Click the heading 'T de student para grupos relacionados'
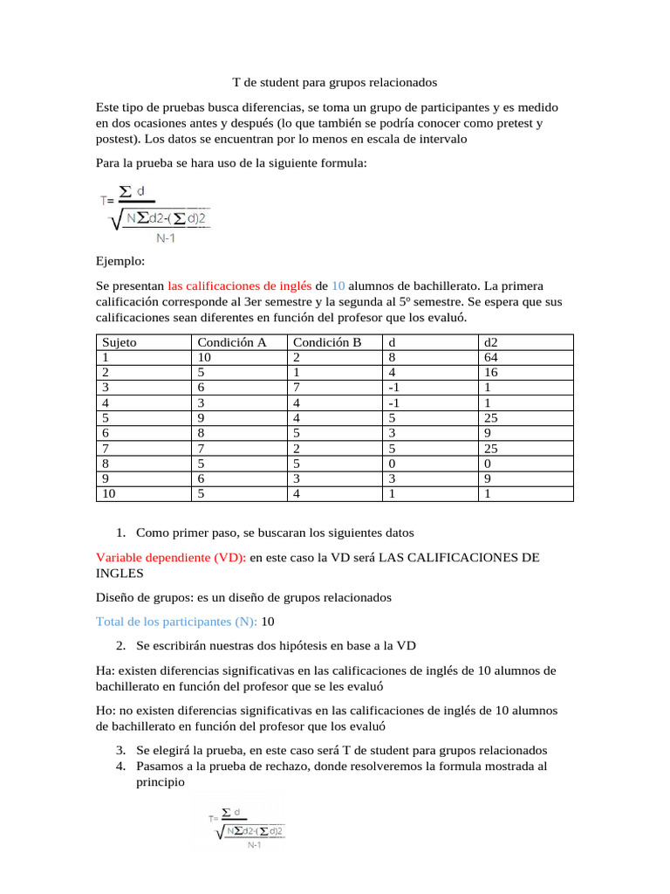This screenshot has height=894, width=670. coord(334,83)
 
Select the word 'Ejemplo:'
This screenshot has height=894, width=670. coord(120,260)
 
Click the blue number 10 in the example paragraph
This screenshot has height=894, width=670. coord(338,285)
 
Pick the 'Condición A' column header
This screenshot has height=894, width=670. coord(231,342)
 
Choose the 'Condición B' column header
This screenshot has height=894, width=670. coord(326,342)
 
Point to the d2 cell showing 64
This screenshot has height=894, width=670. coord(491,357)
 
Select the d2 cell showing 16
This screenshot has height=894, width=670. coord(491,373)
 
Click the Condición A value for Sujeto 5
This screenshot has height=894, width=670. coord(202,418)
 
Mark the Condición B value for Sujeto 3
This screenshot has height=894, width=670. coord(297,388)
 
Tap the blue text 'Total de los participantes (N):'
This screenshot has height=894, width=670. coord(176,622)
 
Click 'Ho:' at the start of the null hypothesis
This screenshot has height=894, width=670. coord(106,711)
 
